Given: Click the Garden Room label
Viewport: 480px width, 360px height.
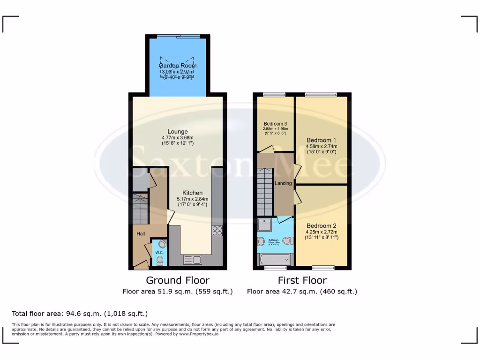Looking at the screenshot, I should click(x=178, y=66).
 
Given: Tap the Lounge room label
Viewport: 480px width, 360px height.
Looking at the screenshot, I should click(x=178, y=132).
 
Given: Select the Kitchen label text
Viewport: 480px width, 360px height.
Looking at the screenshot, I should click(x=192, y=193).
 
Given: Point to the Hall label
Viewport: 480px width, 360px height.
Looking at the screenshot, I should click(x=141, y=233).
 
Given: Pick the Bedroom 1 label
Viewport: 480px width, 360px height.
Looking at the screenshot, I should click(x=321, y=140).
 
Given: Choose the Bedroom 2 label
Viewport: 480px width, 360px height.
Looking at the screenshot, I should click(x=321, y=225).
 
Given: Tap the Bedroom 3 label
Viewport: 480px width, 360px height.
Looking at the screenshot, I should click(x=275, y=124).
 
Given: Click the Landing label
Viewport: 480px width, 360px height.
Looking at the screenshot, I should click(x=283, y=183).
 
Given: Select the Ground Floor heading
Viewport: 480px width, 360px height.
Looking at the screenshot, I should click(x=177, y=280).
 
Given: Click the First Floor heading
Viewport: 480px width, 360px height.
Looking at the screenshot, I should click(x=302, y=280).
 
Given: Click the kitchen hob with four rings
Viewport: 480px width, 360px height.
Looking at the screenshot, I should click(x=217, y=231).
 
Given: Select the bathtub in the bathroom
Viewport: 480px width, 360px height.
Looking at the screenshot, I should click(x=274, y=259).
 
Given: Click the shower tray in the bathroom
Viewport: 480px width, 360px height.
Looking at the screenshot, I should click(x=265, y=226).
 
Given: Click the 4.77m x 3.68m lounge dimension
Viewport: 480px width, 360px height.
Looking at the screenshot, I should click(x=178, y=138).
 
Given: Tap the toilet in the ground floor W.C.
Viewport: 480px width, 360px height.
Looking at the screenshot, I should click(x=160, y=259).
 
